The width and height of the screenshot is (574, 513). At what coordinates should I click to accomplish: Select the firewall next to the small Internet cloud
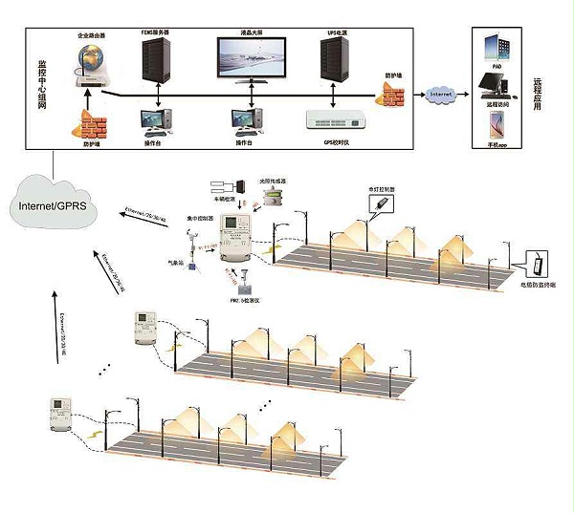tap(392, 93)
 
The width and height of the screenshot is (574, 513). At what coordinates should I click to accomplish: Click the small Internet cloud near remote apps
tap(441, 95)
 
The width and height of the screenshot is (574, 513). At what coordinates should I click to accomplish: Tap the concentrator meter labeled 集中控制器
tap(232, 236)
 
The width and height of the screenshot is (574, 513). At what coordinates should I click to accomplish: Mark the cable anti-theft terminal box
tap(540, 264)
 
